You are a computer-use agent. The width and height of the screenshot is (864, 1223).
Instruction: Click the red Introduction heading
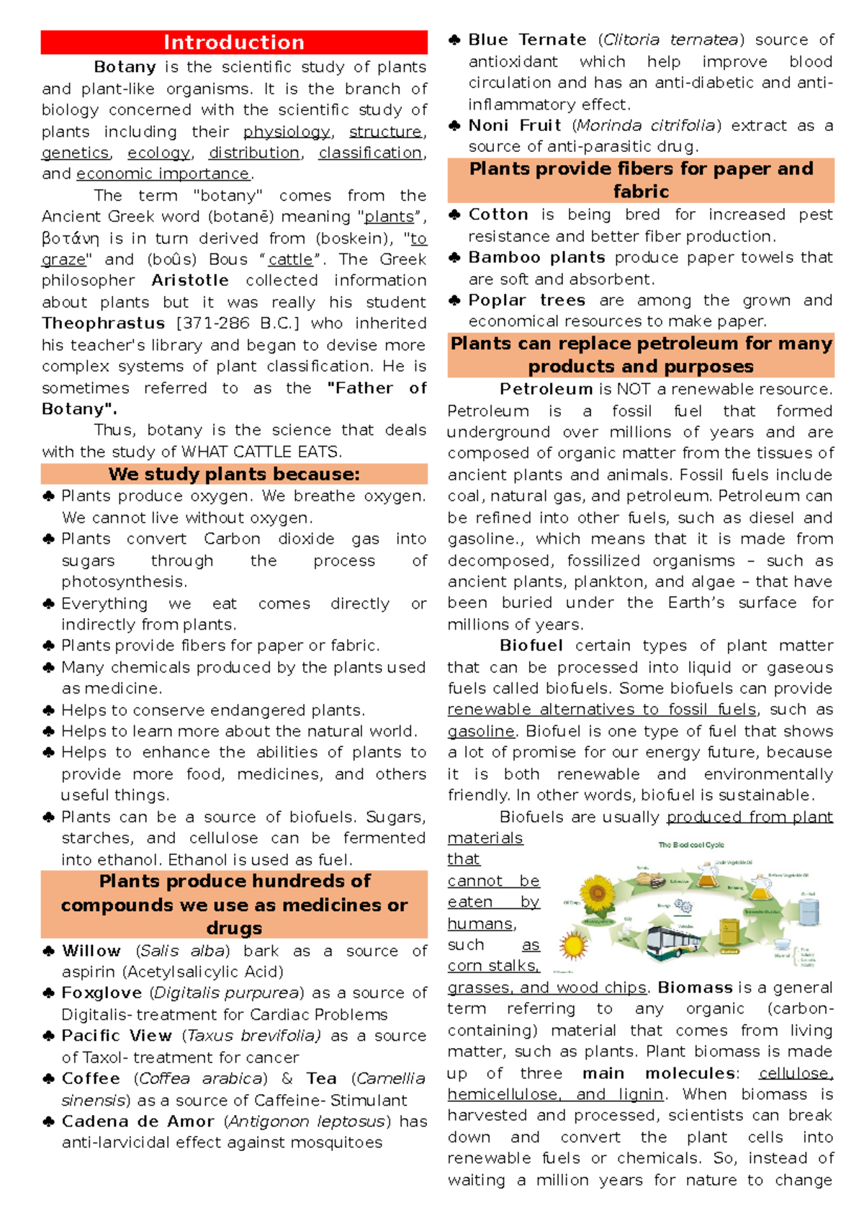pyautogui.click(x=234, y=42)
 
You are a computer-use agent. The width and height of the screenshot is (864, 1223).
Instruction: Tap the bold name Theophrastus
pyautogui.click(x=103, y=323)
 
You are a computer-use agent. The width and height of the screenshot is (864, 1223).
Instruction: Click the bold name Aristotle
pyautogui.click(x=189, y=280)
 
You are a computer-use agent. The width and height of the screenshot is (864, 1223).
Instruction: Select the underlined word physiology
pyautogui.click(x=287, y=132)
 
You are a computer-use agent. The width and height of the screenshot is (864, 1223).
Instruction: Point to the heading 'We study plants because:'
pyautogui.click(x=234, y=474)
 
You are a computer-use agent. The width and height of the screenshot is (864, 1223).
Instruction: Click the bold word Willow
pyautogui.click(x=91, y=951)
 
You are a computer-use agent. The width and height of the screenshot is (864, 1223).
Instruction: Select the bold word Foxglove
pyautogui.click(x=102, y=993)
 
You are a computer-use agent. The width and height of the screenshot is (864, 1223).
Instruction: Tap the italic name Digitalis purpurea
pyautogui.click(x=227, y=993)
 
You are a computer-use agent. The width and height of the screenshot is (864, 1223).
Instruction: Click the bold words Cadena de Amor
pyautogui.click(x=138, y=1121)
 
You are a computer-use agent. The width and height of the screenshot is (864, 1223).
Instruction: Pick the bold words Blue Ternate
pyautogui.click(x=527, y=40)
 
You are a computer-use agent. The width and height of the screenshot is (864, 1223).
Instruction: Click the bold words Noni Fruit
pyautogui.click(x=514, y=125)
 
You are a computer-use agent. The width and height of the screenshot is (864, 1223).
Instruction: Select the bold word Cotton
pyautogui.click(x=498, y=215)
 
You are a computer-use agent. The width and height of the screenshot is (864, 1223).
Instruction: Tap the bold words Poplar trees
pyautogui.click(x=526, y=300)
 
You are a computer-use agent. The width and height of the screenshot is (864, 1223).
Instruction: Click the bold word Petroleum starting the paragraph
pyautogui.click(x=546, y=390)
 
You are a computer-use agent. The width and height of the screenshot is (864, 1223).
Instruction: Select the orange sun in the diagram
pyautogui.click(x=574, y=945)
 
